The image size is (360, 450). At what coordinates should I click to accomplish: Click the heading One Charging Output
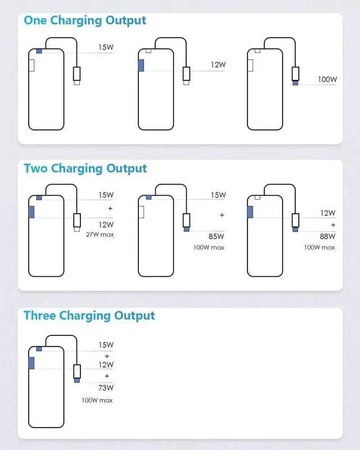pyautogui.click(x=85, y=21)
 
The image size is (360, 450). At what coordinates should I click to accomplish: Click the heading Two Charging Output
pyautogui.click(x=85, y=168)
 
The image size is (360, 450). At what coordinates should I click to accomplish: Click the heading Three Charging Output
pyautogui.click(x=89, y=316)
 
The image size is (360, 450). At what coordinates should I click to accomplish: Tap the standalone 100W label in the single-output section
pyautogui.click(x=327, y=79)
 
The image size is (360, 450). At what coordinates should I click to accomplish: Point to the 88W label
pyautogui.click(x=327, y=236)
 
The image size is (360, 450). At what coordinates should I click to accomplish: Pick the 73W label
pyautogui.click(x=106, y=388)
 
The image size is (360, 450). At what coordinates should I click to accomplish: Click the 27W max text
pyautogui.click(x=100, y=235)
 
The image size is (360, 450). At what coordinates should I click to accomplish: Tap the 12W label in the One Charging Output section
pyautogui.click(x=218, y=65)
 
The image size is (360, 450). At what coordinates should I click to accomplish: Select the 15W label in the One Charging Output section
pyautogui.click(x=106, y=47)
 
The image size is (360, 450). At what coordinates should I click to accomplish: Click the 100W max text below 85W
pyautogui.click(x=209, y=247)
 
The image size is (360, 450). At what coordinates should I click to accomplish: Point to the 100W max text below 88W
pyautogui.click(x=319, y=247)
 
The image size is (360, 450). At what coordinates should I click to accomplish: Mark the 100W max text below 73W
pyautogui.click(x=97, y=400)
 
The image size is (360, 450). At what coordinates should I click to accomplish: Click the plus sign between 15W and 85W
pyautogui.click(x=222, y=215)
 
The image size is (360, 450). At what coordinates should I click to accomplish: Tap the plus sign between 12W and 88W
pyautogui.click(x=332, y=224)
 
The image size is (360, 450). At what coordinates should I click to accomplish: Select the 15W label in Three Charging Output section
pyautogui.click(x=106, y=345)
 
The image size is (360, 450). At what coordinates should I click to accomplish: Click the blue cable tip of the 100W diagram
pyautogui.click(x=295, y=83)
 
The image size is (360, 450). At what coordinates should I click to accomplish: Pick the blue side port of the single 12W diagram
pyautogui.click(x=141, y=64)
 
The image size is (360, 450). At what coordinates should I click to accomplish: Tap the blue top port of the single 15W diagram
pyautogui.click(x=38, y=51)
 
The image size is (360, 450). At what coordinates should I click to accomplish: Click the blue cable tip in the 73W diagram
pyautogui.click(x=77, y=381)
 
